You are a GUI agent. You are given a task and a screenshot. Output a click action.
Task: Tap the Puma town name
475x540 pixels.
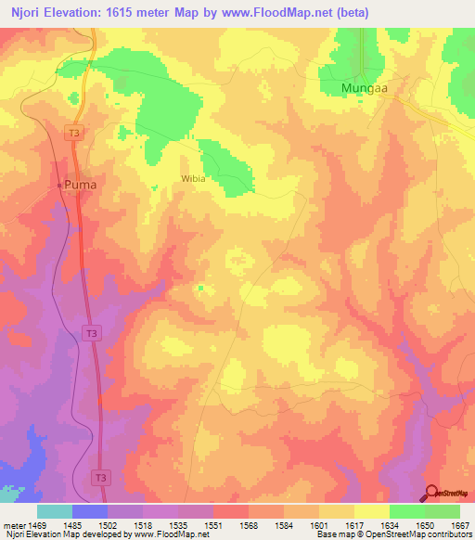click(x=80, y=185)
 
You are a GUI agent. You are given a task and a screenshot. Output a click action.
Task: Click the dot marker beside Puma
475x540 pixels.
click(x=60, y=185)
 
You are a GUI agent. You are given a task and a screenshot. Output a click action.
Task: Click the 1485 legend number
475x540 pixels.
click(x=72, y=525)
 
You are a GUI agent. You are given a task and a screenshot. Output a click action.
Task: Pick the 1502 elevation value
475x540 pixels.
click(x=108, y=525)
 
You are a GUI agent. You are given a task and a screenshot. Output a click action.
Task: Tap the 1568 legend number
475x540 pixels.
click(x=249, y=525)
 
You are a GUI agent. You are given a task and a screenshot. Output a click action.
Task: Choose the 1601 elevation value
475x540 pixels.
click(x=319, y=525)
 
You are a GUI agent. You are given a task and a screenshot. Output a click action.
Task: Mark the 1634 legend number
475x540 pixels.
click(x=390, y=525)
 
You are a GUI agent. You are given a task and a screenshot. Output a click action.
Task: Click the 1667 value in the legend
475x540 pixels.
click(x=459, y=525)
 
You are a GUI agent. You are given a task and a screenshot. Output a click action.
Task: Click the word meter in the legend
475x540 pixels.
click(x=13, y=525)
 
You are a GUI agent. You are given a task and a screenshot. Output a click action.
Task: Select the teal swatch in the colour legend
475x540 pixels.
click(x=55, y=511)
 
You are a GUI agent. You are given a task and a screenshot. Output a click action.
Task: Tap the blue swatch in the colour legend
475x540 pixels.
click(x=90, y=511)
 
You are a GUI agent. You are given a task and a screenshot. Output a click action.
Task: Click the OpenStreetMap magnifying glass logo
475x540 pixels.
click(x=432, y=492)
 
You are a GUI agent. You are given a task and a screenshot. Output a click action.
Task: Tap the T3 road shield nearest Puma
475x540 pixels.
click(x=74, y=134)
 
